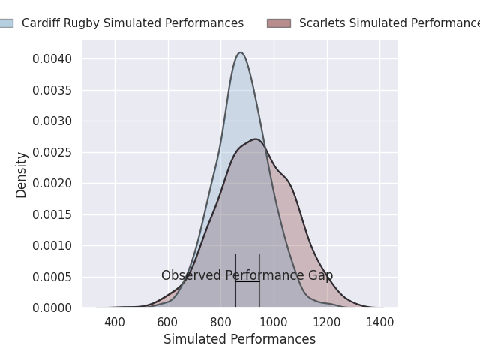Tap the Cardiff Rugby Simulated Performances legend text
click(133, 23)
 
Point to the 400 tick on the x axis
click(115, 322)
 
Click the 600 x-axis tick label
click(168, 322)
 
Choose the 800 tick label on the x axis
click(220, 322)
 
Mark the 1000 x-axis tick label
click(274, 322)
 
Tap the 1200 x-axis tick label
click(327, 322)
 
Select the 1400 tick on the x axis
click(380, 322)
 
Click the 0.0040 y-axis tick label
click(52, 59)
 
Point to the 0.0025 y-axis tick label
click(52, 152)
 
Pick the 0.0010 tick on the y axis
click(52, 245)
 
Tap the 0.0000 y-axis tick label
click(52, 307)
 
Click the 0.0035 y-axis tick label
click(52, 90)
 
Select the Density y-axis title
click(21, 174)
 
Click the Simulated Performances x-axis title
click(239, 339)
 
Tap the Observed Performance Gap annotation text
click(247, 275)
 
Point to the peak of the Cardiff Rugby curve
click(240, 52)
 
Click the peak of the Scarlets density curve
click(255, 139)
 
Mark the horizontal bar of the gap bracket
click(247, 281)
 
